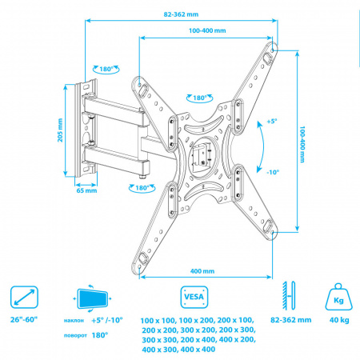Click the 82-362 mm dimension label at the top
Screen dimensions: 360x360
click(181, 14)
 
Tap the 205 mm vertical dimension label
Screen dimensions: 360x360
click(60, 130)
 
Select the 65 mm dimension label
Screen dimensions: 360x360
click(86, 190)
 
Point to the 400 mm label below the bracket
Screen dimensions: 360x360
click(202, 271)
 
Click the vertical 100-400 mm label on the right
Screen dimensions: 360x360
click(302, 144)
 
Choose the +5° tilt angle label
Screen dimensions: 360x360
click(272, 122)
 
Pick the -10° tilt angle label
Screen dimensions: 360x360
click(273, 172)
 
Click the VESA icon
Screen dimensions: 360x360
click(194, 297)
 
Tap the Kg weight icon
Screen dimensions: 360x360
click(339, 297)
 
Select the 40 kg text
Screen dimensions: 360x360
click(339, 320)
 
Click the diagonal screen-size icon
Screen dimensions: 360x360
click(24, 297)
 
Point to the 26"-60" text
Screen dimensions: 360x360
click(24, 319)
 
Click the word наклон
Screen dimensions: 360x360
click(74, 320)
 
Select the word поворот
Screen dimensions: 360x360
click(75, 335)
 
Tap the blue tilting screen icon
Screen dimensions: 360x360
click(92, 298)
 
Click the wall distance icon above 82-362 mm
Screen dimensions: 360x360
click(289, 295)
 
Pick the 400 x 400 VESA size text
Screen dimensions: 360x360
click(198, 350)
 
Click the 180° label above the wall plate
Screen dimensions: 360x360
click(106, 70)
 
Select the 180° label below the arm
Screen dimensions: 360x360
click(142, 188)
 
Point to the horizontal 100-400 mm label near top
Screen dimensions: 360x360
click(207, 30)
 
